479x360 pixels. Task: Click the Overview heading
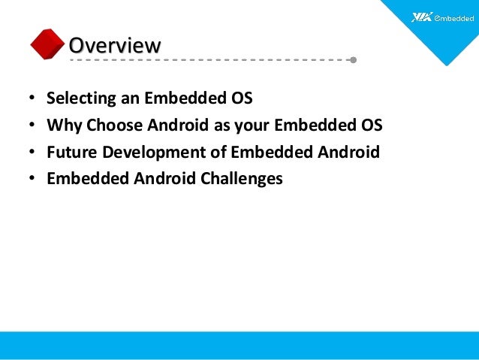tap(114, 45)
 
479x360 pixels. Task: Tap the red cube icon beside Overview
tap(47, 44)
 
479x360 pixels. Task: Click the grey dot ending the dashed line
tap(353, 59)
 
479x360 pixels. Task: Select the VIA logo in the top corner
tap(423, 17)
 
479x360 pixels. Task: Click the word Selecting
tap(77, 98)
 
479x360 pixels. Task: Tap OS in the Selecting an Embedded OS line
tap(242, 98)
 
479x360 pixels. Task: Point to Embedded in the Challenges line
tap(83, 179)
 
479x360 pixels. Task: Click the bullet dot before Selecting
tap(32, 99)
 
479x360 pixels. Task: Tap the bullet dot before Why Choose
tap(32, 126)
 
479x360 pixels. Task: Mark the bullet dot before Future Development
tap(32, 153)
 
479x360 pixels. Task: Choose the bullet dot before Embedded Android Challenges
tap(32, 180)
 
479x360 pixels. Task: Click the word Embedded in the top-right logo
tap(453, 17)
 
